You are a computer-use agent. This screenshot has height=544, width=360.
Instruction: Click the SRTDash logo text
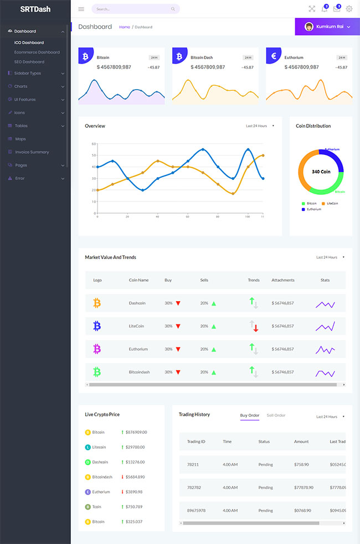(x=35, y=9)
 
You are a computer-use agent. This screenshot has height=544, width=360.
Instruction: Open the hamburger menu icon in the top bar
(x=81, y=9)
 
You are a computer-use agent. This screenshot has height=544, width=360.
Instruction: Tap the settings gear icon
(x=349, y=9)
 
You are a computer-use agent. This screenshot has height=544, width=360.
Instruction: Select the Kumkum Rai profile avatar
(x=309, y=27)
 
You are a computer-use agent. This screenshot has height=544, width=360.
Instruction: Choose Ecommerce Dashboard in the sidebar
(x=37, y=52)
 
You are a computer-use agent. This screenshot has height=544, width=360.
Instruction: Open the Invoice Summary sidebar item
(x=32, y=152)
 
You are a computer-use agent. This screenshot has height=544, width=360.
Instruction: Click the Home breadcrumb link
(x=125, y=27)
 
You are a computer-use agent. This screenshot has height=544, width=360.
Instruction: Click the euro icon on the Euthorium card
(x=274, y=56)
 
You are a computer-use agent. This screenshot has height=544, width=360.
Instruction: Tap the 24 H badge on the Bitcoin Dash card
(x=248, y=57)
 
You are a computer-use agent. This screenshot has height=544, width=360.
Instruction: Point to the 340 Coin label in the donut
(x=321, y=172)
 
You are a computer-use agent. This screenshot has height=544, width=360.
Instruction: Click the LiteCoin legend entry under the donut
(x=332, y=204)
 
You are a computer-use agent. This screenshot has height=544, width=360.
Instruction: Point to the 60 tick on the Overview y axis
(x=94, y=144)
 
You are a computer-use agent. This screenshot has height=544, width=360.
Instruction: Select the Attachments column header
(x=283, y=280)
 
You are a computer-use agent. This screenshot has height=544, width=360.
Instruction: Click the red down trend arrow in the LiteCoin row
(x=256, y=329)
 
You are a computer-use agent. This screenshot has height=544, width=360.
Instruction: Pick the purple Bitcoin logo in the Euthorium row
(x=97, y=349)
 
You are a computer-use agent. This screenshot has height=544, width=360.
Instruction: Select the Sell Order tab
(x=276, y=415)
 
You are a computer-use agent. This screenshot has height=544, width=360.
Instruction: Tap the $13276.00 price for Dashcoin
(x=136, y=462)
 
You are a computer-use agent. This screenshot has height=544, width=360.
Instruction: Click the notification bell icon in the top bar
(x=325, y=9)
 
